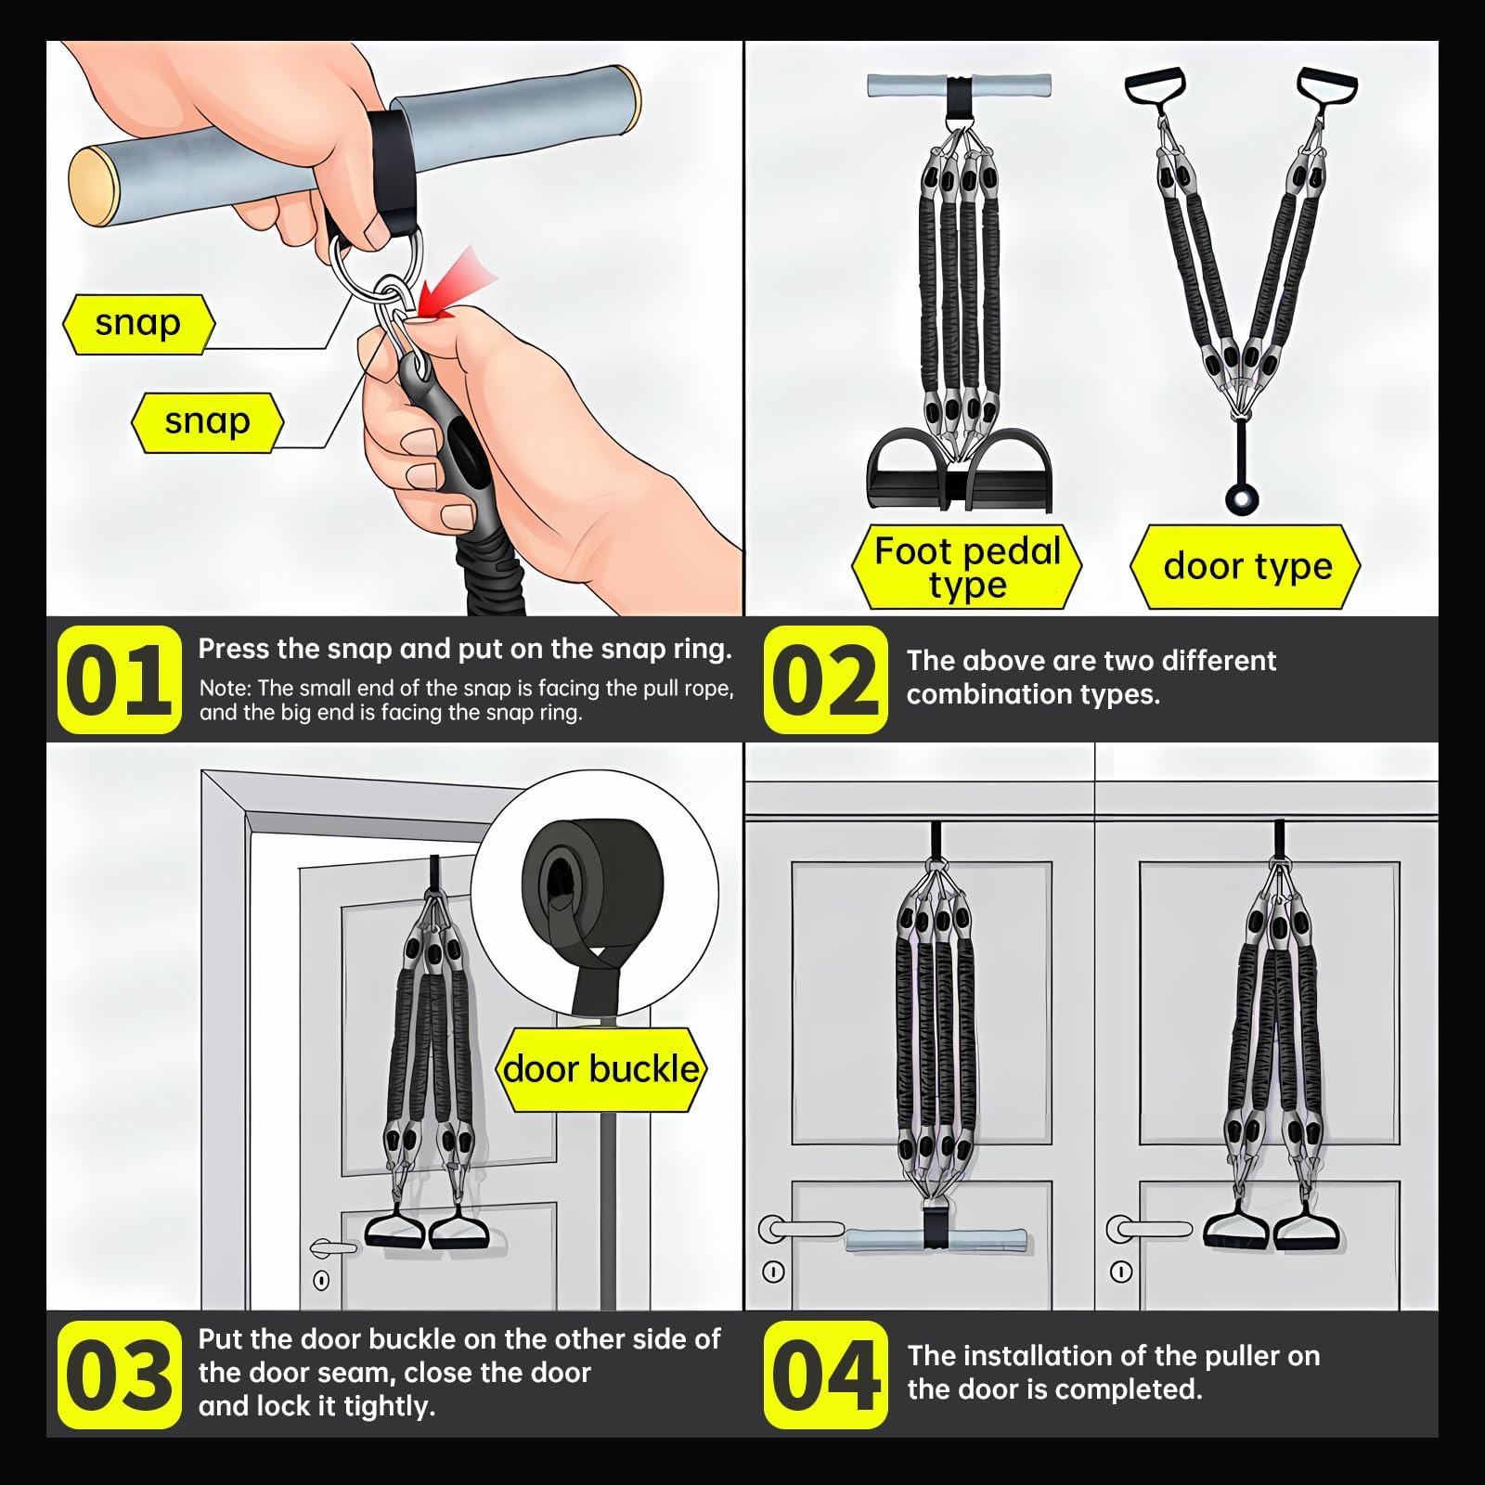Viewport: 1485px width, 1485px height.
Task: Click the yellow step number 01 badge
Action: pyautogui.click(x=119, y=680)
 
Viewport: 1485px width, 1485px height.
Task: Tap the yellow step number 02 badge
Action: pyautogui.click(x=825, y=680)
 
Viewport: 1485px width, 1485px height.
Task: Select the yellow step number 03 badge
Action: pyautogui.click(x=119, y=1375)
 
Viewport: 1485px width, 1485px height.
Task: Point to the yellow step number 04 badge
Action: pyautogui.click(x=825, y=1375)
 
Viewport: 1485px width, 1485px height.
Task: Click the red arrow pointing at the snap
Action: pyautogui.click(x=455, y=283)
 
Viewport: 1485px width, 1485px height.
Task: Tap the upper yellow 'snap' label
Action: pyautogui.click(x=138, y=324)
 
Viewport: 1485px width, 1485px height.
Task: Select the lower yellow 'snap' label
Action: pyautogui.click(x=208, y=422)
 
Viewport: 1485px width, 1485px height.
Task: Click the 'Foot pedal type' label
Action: pyautogui.click(x=967, y=567)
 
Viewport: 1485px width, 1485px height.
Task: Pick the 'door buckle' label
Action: pyautogui.click(x=601, y=1069)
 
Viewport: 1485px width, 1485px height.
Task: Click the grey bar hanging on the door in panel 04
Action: pyautogui.click(x=936, y=1241)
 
